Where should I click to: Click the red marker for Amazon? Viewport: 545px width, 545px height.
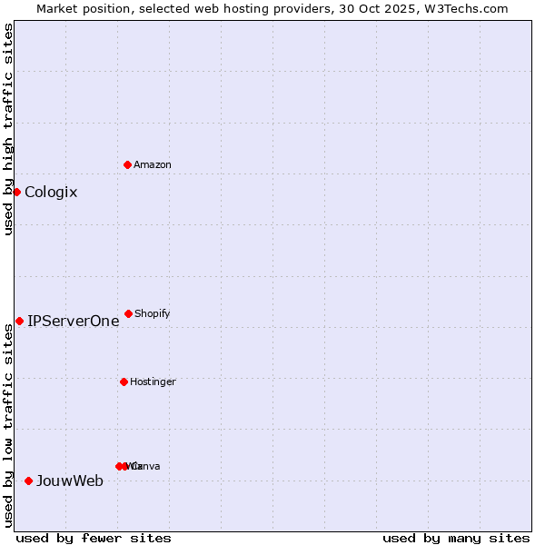[127, 164]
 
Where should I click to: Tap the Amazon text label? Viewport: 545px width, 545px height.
[153, 164]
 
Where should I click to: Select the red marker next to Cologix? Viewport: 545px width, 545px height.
[16, 192]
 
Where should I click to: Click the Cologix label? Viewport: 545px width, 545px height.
[51, 192]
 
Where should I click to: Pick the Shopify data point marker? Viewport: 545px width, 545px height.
[128, 313]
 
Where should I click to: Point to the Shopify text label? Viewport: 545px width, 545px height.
[153, 313]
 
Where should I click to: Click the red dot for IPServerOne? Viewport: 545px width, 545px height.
[19, 321]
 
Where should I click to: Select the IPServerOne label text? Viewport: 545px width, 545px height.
[74, 321]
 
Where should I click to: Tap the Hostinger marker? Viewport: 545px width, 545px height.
[124, 381]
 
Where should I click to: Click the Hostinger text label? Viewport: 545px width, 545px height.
[153, 381]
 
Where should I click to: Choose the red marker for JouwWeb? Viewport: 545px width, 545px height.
[28, 481]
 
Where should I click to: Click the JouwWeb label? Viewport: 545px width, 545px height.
[70, 481]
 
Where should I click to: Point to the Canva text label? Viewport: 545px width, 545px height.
[147, 466]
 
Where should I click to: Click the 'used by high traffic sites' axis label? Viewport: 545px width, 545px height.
[8, 129]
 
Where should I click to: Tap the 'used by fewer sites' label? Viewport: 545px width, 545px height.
[93, 538]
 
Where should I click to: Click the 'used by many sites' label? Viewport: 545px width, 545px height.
[456, 538]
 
